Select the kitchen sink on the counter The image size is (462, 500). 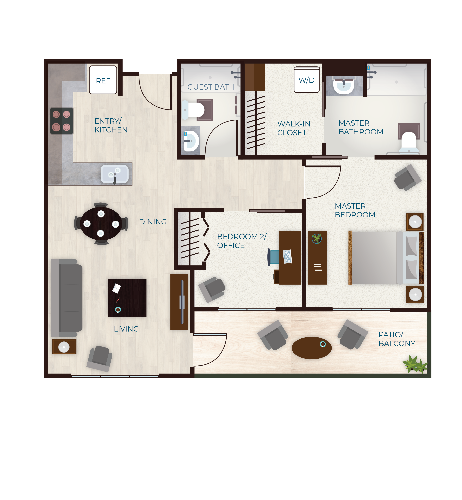click(114, 174)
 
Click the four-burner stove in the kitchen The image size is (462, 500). click(62, 121)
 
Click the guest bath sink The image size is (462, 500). click(191, 141)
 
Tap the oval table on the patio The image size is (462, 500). click(312, 348)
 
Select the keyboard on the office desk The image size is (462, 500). click(287, 256)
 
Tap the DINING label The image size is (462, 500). click(153, 222)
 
